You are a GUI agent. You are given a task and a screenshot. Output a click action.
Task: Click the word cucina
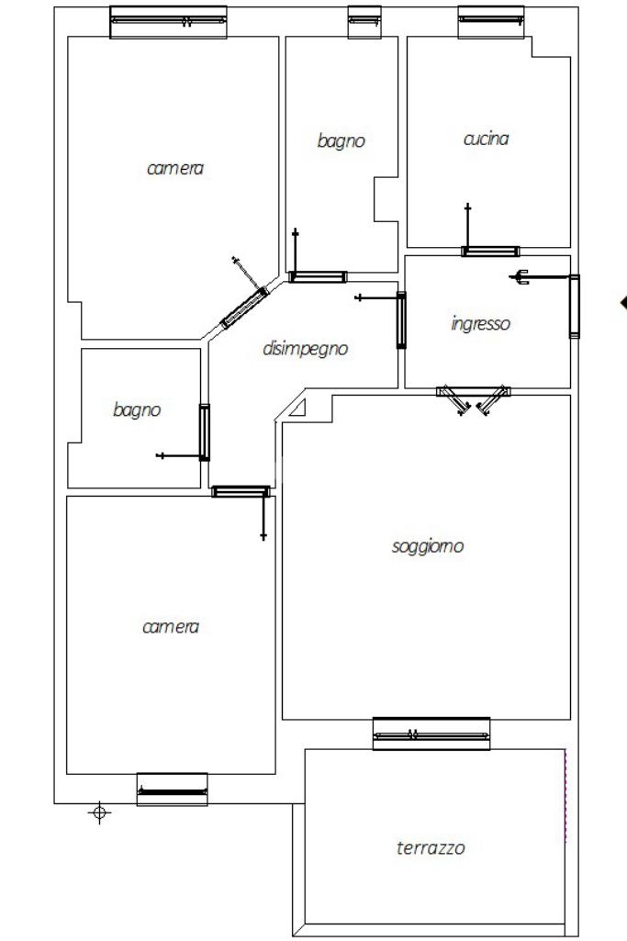486,139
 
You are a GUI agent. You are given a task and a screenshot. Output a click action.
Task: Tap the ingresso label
481,323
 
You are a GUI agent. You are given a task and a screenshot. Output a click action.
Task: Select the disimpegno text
306,349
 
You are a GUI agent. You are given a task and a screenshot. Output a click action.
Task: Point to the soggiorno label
427,547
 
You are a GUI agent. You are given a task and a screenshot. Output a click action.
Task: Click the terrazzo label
431,847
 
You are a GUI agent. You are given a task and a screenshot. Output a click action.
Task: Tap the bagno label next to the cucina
341,141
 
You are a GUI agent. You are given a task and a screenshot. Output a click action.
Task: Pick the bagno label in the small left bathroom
137,409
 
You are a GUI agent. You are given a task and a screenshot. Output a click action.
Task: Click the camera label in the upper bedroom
175,169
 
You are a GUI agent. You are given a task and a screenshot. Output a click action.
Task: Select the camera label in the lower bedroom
171,627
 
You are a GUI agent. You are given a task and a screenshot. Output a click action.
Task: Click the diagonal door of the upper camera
245,308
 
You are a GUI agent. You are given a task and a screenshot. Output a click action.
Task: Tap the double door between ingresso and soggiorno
474,398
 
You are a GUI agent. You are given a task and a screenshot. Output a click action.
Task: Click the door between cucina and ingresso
490,251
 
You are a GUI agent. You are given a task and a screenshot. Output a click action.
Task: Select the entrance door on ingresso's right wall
574,306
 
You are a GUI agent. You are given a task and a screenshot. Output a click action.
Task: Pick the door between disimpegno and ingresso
401,319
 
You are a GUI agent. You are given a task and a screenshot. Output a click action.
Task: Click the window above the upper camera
168,22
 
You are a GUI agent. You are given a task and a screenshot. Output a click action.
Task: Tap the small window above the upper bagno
364,22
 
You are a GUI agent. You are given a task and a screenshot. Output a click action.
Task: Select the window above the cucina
491,22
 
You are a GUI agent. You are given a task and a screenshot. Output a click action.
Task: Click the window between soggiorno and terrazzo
431,734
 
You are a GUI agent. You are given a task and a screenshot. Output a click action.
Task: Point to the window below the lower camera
173,790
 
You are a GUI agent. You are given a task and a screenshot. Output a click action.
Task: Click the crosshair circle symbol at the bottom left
99,812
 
